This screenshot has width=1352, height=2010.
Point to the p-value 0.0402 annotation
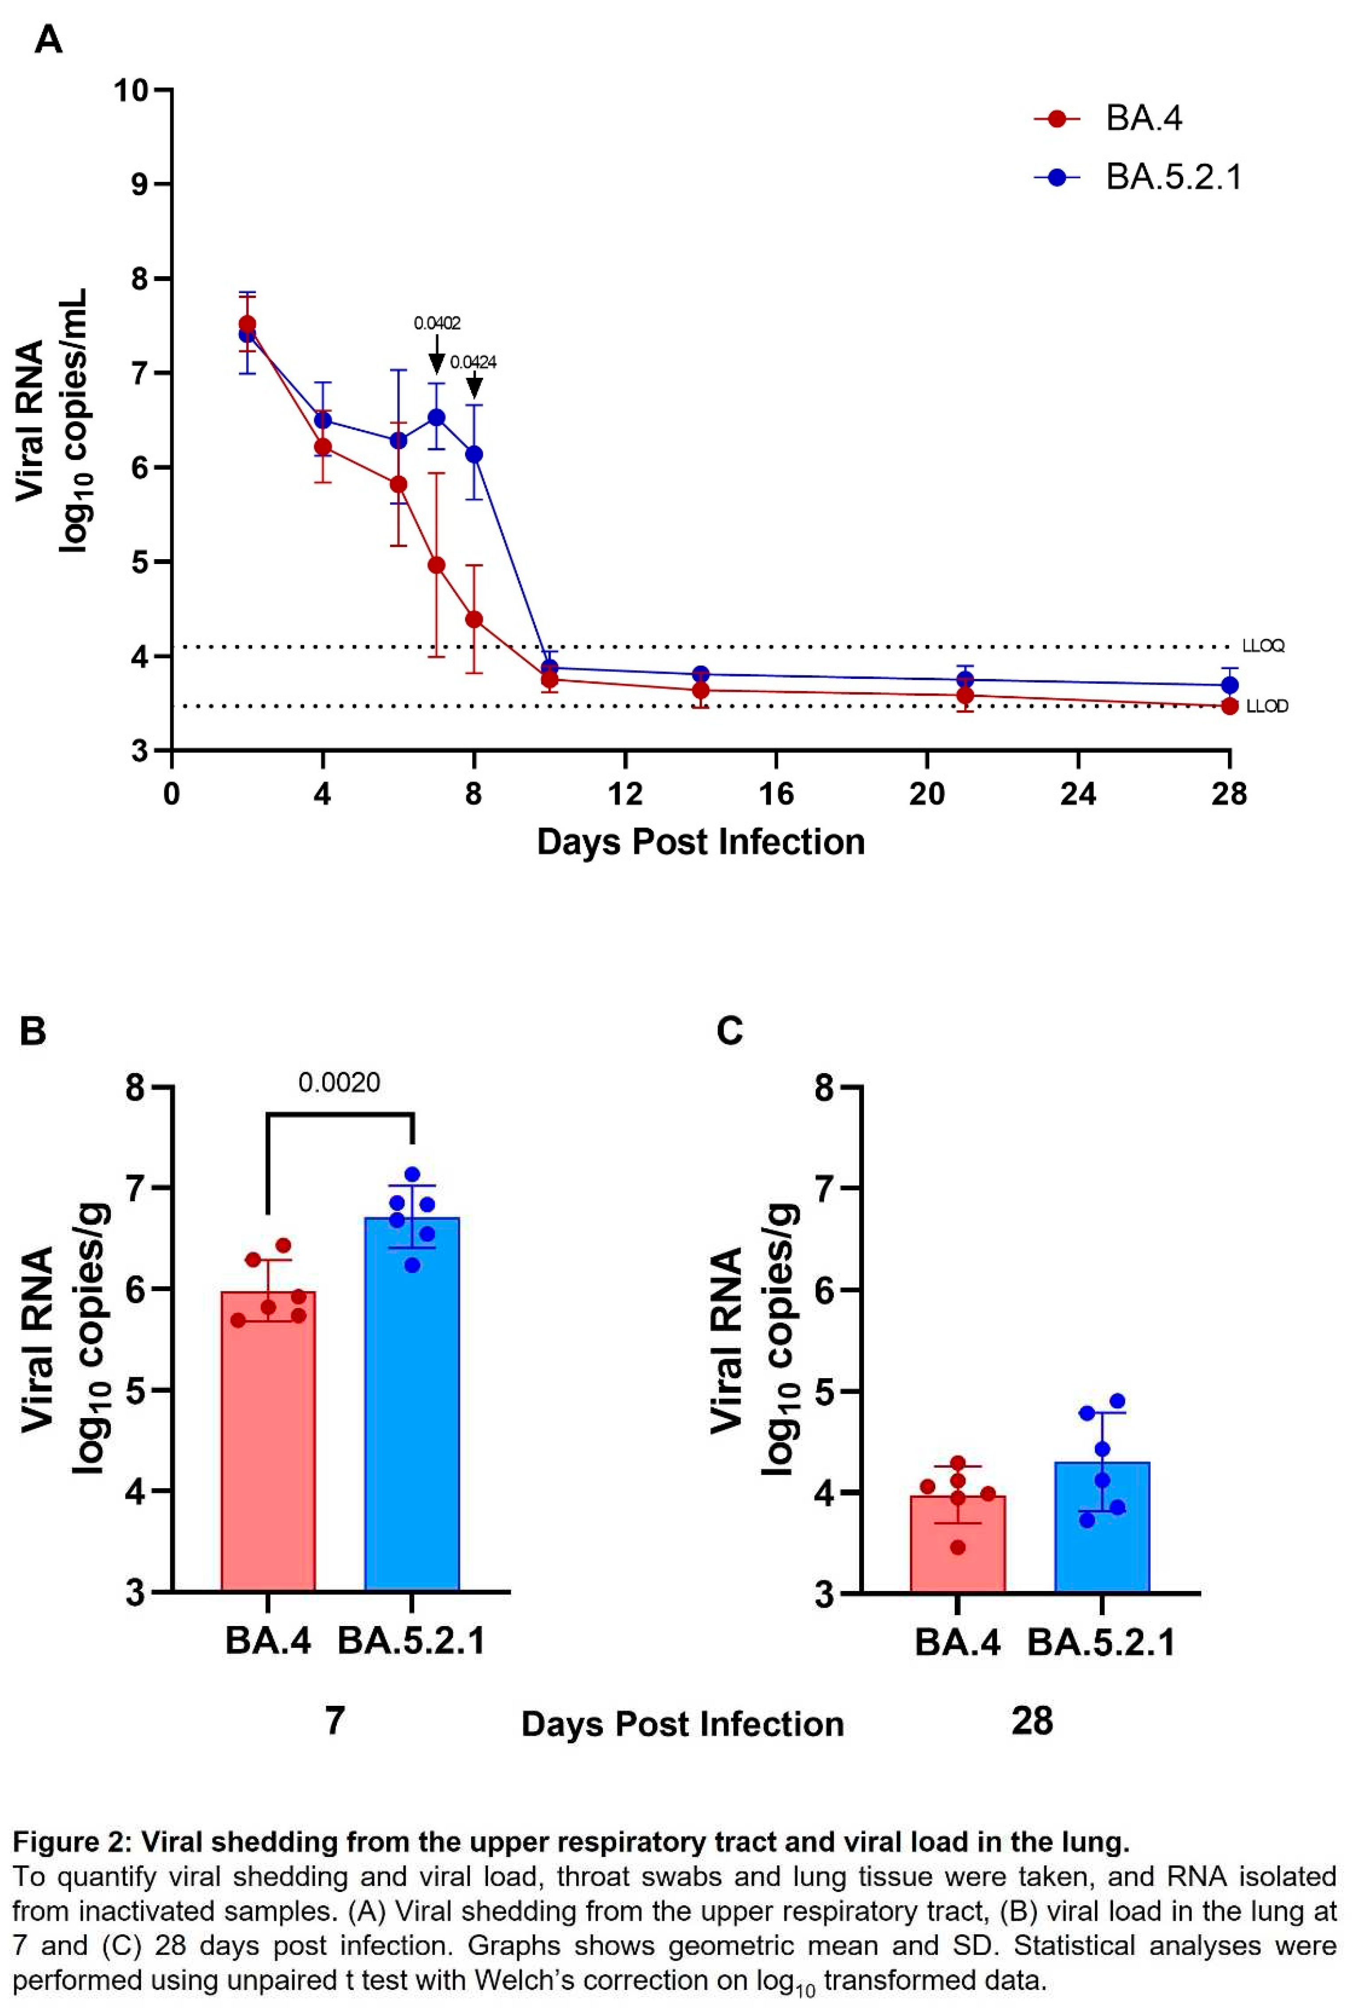437,323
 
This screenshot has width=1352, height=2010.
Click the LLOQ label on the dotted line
1263,646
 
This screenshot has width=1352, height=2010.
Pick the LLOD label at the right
1266,706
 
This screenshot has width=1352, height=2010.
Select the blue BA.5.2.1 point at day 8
473,455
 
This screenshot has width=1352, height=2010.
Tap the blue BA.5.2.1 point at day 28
1230,685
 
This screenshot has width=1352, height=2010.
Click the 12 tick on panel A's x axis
624,793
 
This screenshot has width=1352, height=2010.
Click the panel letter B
33,1030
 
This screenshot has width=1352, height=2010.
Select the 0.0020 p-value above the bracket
339,1082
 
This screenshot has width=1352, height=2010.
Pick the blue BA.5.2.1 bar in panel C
1102,1535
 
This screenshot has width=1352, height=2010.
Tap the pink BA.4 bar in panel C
957,1552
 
